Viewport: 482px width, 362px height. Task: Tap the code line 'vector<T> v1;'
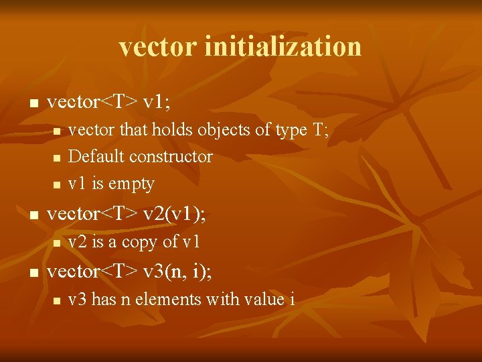click(108, 103)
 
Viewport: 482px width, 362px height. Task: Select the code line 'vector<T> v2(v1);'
click(127, 214)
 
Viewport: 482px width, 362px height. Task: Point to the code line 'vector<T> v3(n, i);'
click(130, 271)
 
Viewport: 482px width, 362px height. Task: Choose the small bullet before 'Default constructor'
click(57, 158)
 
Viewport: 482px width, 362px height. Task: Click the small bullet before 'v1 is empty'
click(57, 184)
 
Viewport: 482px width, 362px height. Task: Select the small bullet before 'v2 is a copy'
click(57, 243)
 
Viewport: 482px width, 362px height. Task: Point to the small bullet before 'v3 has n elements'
click(57, 300)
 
